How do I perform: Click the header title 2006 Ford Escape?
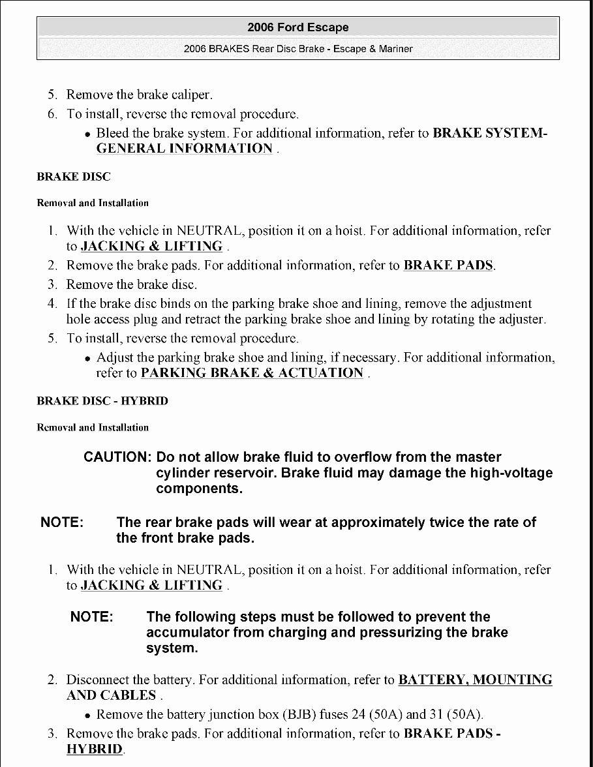298,27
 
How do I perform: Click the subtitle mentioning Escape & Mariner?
298,49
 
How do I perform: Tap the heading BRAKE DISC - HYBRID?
102,401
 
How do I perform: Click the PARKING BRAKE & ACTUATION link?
252,373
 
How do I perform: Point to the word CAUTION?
117,457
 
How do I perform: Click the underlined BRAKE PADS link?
448,265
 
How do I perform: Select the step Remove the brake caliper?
140,95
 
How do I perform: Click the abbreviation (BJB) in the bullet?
299,714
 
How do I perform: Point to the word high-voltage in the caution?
511,473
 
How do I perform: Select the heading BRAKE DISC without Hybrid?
74,177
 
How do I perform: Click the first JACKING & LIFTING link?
151,247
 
